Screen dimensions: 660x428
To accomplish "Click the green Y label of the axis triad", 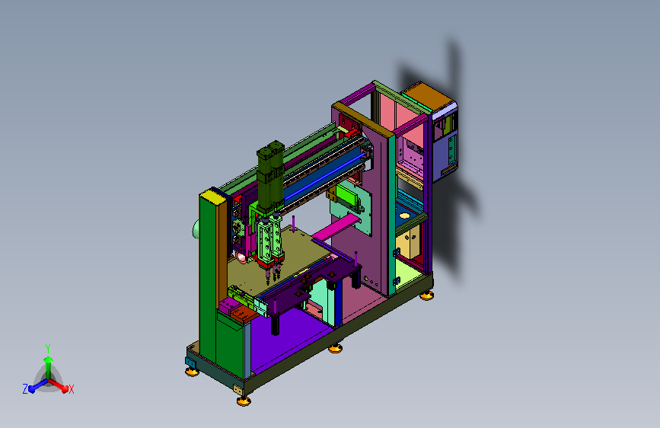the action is [48, 348].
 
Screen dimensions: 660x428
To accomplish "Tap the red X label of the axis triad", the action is [71, 389].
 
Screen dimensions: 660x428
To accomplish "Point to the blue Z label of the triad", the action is [25, 389].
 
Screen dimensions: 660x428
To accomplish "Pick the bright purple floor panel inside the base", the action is [287, 337].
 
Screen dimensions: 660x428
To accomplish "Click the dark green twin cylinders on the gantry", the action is [271, 176].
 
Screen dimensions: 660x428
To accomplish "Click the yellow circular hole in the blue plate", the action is [404, 216].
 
